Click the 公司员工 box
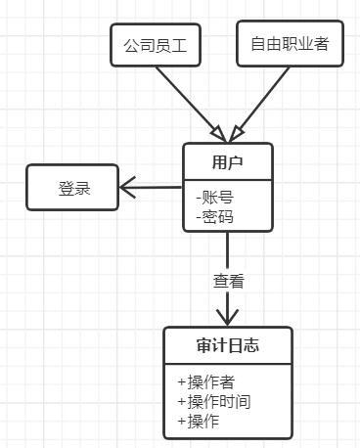(x=154, y=45)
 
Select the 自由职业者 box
(x=290, y=44)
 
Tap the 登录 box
(x=73, y=187)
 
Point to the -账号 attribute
(x=215, y=197)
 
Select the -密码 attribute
(x=215, y=216)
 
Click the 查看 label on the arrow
(x=228, y=281)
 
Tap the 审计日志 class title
(x=226, y=344)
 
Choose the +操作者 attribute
(x=205, y=381)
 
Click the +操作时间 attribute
(x=214, y=401)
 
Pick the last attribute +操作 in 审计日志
(x=198, y=421)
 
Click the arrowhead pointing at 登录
(x=126, y=187)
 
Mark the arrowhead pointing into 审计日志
(x=228, y=318)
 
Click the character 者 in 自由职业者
(x=321, y=44)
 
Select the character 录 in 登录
(x=83, y=187)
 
